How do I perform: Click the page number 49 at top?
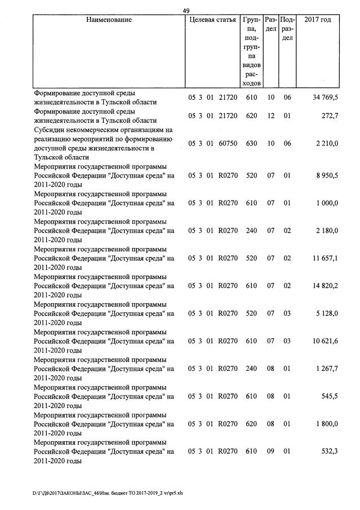(186, 10)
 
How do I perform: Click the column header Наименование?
(109, 20)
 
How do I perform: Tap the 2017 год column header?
(317, 20)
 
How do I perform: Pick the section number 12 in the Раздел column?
(270, 116)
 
